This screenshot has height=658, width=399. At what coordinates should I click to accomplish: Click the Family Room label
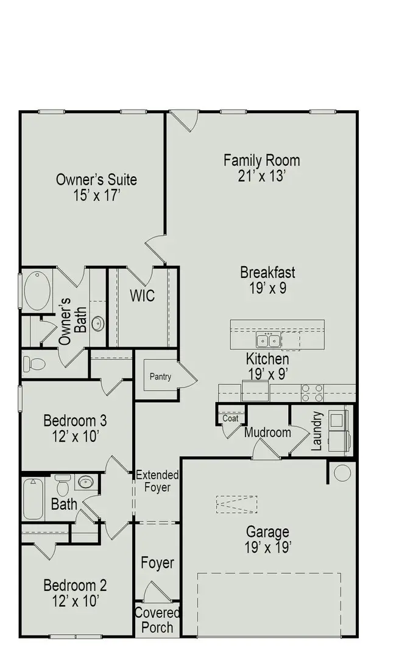coord(261,160)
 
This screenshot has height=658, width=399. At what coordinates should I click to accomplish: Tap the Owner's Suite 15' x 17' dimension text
coord(96,196)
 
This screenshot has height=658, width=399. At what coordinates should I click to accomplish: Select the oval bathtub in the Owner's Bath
coord(37,291)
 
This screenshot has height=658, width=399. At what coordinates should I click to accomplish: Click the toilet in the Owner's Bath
coord(34,364)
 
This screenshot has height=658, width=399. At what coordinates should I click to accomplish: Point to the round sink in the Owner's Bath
coord(98,323)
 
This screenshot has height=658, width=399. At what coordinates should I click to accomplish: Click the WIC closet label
coord(142,296)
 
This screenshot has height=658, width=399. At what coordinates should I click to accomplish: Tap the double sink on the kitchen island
coord(267,340)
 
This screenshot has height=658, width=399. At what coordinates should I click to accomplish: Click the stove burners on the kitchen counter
coord(312,393)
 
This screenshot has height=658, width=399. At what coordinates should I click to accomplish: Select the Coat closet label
coord(230,418)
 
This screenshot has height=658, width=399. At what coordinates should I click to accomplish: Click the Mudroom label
coord(267,433)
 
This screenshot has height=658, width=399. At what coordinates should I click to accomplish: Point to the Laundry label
coord(316,431)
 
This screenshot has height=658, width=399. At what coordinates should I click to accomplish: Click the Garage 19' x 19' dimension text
coord(267,547)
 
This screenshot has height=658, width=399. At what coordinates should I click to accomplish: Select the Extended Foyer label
coord(157,481)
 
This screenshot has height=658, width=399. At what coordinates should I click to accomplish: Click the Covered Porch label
coord(157,620)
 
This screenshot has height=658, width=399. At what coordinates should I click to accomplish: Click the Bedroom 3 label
coord(75,420)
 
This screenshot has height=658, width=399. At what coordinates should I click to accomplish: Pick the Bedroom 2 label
coord(75,585)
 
